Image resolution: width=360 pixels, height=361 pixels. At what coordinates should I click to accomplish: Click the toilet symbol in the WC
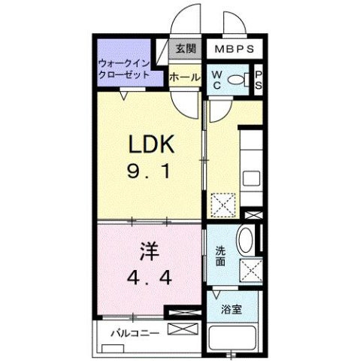click(237, 79)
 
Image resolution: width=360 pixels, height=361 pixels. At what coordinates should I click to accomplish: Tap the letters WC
click(216, 79)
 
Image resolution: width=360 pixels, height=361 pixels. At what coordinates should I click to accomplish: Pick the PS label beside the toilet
click(257, 79)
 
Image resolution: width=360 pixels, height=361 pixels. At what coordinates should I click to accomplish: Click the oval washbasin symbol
click(245, 241)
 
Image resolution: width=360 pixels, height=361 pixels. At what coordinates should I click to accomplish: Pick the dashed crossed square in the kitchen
click(223, 205)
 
